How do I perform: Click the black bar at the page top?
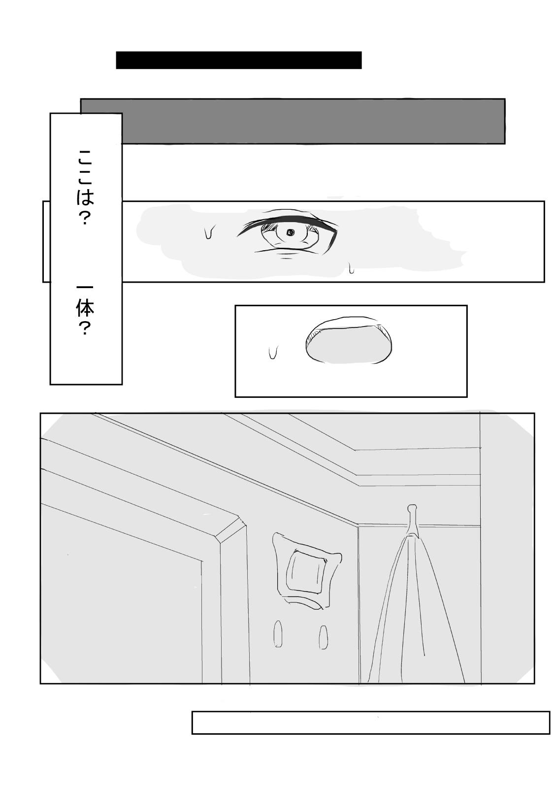239,60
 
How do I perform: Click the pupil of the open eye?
290,232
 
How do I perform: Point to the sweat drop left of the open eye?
209,231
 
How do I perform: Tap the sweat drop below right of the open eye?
351,268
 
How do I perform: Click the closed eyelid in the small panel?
349,340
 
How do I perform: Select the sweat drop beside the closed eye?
272,352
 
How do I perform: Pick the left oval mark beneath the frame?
278,634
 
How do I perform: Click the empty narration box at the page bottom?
370,722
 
